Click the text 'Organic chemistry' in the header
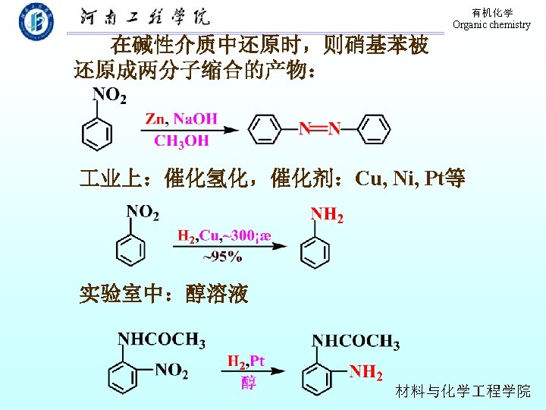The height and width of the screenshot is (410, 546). (491, 24)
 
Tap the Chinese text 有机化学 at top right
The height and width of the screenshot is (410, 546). (491, 13)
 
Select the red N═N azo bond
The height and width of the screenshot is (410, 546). (319, 128)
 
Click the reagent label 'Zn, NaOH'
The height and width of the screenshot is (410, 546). (180, 118)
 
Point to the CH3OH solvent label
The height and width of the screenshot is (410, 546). (181, 140)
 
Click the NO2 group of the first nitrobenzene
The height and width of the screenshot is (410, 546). (109, 95)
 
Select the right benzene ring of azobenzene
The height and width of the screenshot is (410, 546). (372, 129)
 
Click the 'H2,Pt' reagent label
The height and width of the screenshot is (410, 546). (246, 361)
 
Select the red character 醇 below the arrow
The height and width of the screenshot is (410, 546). (248, 382)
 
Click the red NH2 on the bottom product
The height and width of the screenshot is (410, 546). (366, 371)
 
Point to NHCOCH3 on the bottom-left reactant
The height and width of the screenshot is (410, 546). (162, 339)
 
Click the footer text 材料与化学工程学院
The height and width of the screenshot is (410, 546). (463, 391)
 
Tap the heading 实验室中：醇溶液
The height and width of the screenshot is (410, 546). (165, 294)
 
